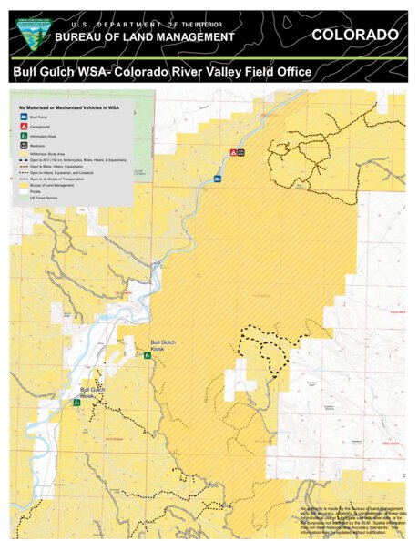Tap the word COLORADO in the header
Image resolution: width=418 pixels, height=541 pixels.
[354, 35]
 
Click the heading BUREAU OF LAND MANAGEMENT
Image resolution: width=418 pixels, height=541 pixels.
[145, 36]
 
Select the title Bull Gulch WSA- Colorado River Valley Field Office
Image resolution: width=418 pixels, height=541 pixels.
[162, 72]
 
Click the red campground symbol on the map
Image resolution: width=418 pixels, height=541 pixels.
[233, 152]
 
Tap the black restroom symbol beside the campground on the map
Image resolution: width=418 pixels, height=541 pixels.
[241, 152]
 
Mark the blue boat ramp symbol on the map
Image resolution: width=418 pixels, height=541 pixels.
[218, 179]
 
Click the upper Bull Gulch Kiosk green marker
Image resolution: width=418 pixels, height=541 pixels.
[148, 356]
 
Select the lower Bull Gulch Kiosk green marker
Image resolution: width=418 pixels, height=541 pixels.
[77, 402]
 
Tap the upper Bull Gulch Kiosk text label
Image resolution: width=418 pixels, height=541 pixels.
[166, 342]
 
